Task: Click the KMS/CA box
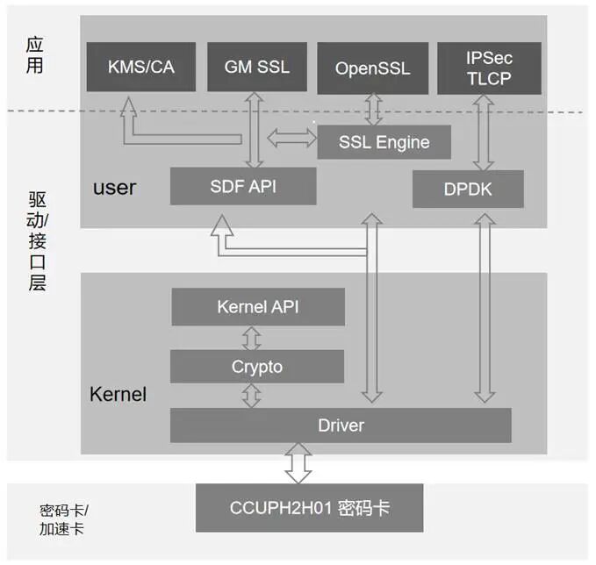140,66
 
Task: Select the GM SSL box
256,66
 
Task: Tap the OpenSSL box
372,67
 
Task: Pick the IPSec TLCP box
488,67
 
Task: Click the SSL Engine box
384,142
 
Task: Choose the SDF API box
243,186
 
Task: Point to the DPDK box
468,189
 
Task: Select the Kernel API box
257,307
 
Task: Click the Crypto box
257,367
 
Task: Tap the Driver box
341,426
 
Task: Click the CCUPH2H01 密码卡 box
310,507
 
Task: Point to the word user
114,187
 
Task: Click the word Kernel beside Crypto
118,394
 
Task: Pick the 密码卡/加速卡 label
62,519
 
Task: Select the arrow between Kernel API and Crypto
252,338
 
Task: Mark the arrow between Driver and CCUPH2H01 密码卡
298,463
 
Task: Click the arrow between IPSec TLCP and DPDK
482,132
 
